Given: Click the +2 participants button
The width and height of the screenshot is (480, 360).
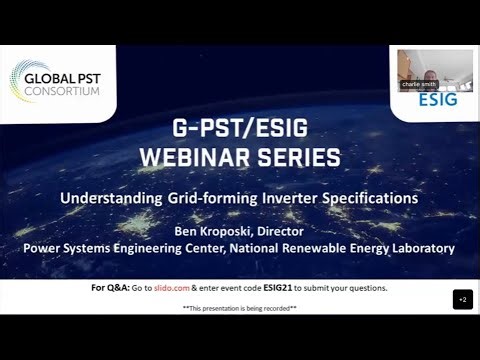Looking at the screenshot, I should (462, 299).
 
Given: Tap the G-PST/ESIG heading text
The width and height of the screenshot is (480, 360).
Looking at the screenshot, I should (240, 128).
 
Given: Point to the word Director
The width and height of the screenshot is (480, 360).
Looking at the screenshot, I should (299, 229).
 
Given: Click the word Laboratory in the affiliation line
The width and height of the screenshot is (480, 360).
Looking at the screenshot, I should (416, 247).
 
